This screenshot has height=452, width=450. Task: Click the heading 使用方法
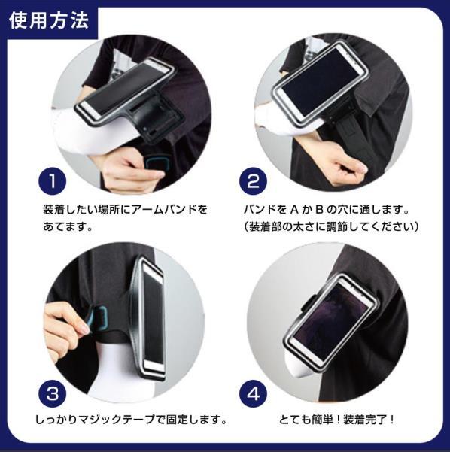click(49, 20)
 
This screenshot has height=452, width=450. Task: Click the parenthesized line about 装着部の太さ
click(332, 226)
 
